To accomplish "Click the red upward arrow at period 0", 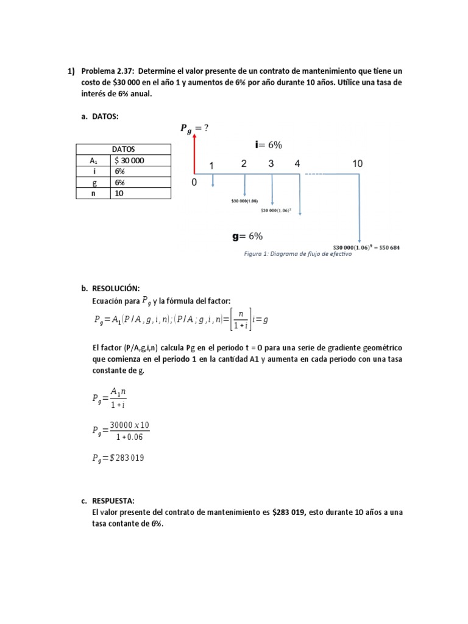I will pyautogui.click(x=194, y=155).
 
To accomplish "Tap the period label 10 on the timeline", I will pyautogui.click(x=357, y=164).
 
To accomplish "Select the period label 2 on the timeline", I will pyautogui.click(x=244, y=164).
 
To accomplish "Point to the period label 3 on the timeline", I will pyautogui.click(x=271, y=164).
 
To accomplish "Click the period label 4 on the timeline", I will pyautogui.click(x=297, y=164).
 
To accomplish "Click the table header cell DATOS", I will pyautogui.click(x=123, y=149).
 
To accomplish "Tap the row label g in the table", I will pyautogui.click(x=94, y=182).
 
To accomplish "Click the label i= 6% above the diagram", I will pyautogui.click(x=268, y=144).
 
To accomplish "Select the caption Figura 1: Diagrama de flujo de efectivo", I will pyautogui.click(x=297, y=254).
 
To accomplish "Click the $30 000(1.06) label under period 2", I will pyautogui.click(x=245, y=200).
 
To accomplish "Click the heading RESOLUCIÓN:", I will pyautogui.click(x=116, y=288).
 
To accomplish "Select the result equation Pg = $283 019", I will pyautogui.click(x=119, y=458).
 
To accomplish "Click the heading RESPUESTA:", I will pyautogui.click(x=113, y=501).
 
